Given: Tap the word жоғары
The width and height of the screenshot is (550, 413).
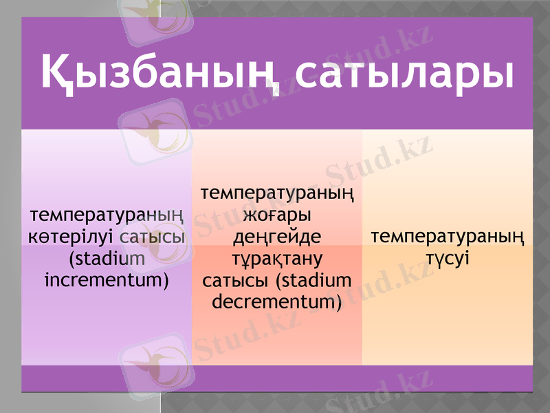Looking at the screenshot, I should click(x=277, y=216).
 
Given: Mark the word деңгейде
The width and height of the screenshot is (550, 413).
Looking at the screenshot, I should click(x=277, y=237).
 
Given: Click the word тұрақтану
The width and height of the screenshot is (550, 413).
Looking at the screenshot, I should click(x=277, y=259).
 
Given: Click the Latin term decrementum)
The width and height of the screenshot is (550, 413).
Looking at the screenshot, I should click(x=277, y=301).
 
